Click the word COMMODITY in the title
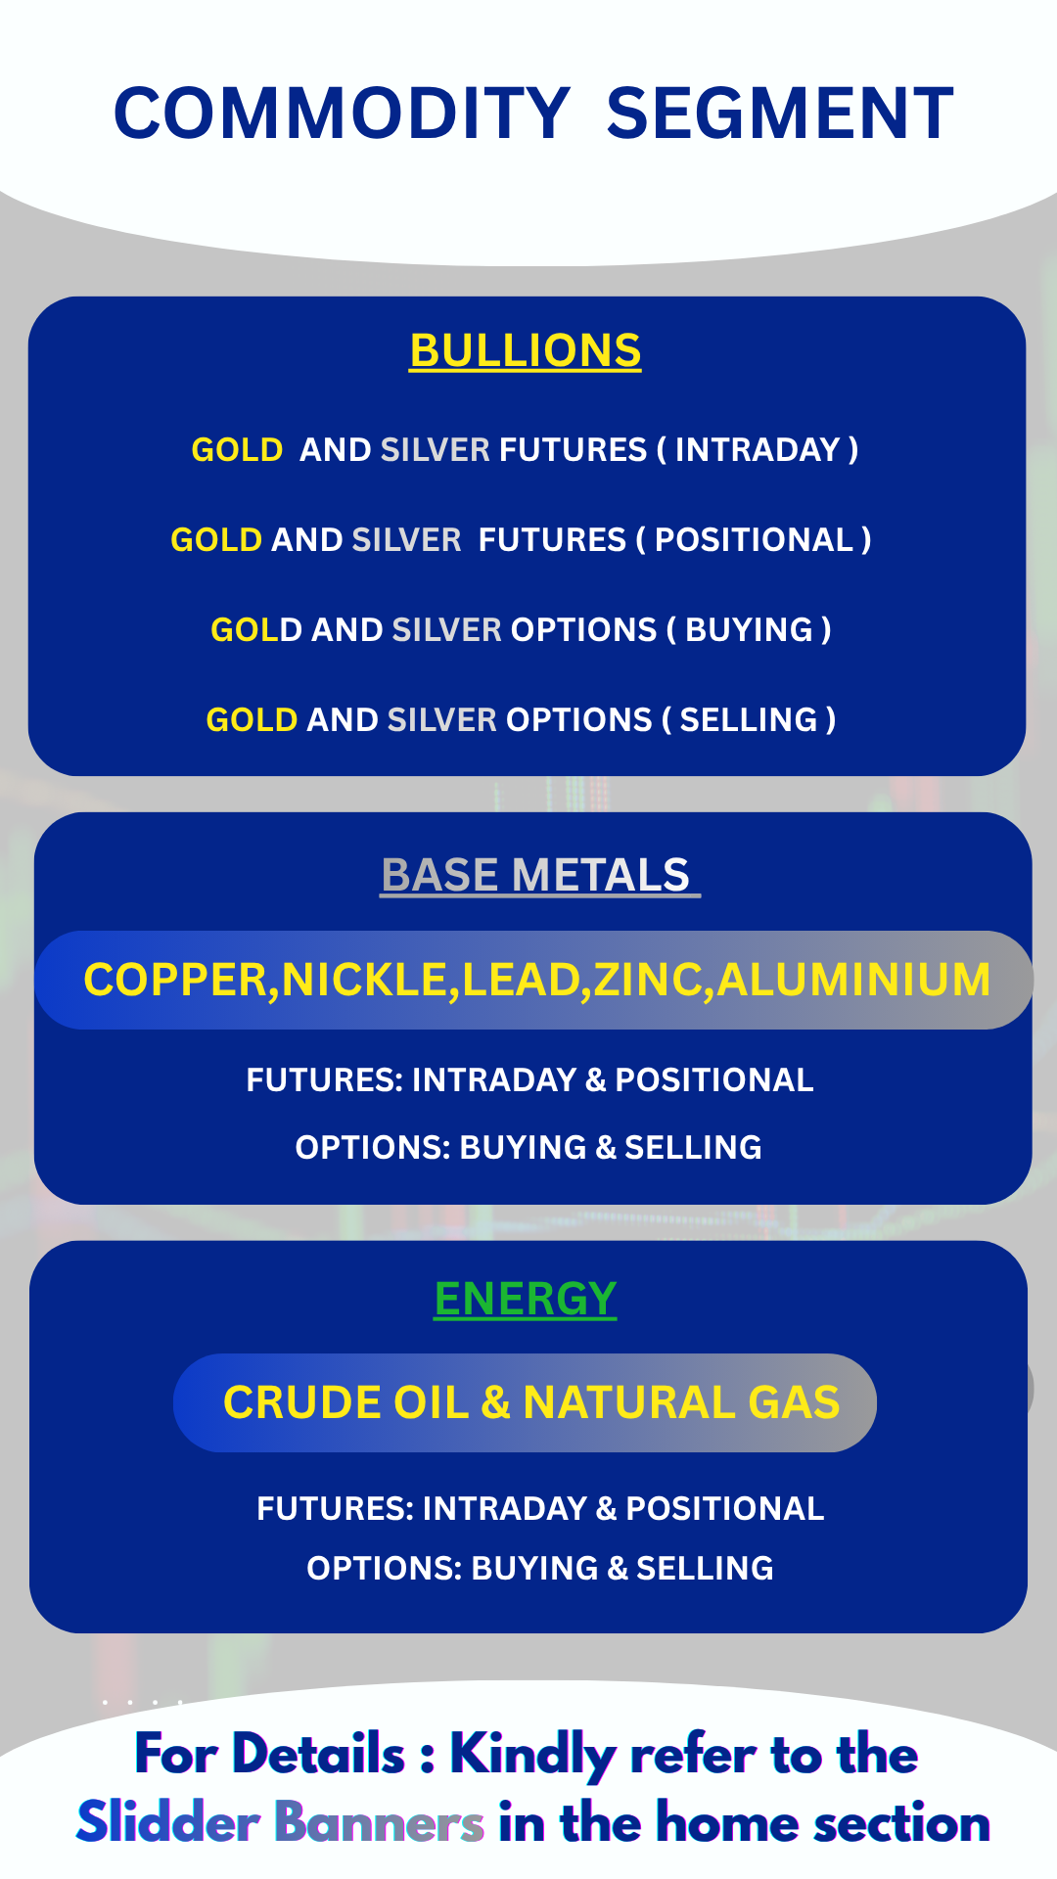tap(343, 113)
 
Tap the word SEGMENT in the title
tap(780, 113)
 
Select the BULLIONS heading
tap(526, 350)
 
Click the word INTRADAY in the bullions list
tap(758, 449)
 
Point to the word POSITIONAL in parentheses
tap(754, 539)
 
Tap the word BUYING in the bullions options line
tap(749, 629)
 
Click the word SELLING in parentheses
tap(749, 719)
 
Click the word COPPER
tap(175, 980)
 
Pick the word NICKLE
tap(364, 980)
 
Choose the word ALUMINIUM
tap(854, 980)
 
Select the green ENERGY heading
tap(526, 1299)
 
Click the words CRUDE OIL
tap(346, 1402)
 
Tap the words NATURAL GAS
tap(681, 1402)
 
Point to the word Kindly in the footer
tap(532, 1755)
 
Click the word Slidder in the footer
tap(167, 1822)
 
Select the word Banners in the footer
tap(379, 1823)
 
